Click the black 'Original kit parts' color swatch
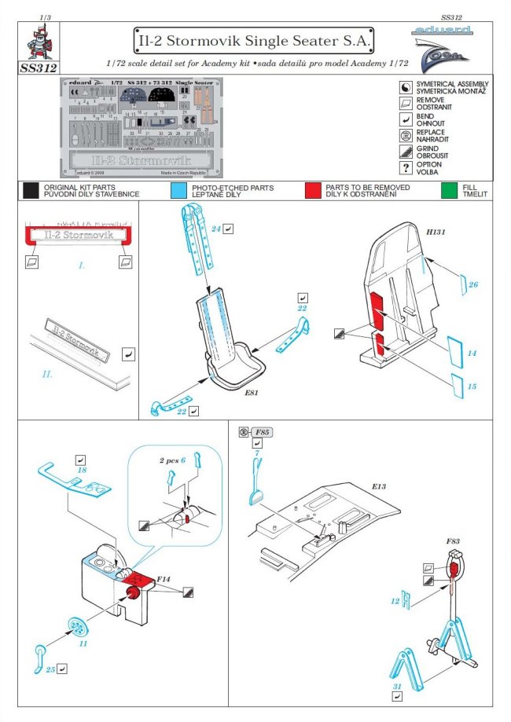coord(31,191)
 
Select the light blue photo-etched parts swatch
coord(178,191)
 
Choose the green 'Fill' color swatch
coord(449,191)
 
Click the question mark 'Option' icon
coord(406,167)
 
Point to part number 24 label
coord(214,229)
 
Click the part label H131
coord(435,233)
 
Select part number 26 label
coord(473,284)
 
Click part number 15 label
coord(471,387)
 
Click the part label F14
coord(164,578)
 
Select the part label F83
coord(453,542)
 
